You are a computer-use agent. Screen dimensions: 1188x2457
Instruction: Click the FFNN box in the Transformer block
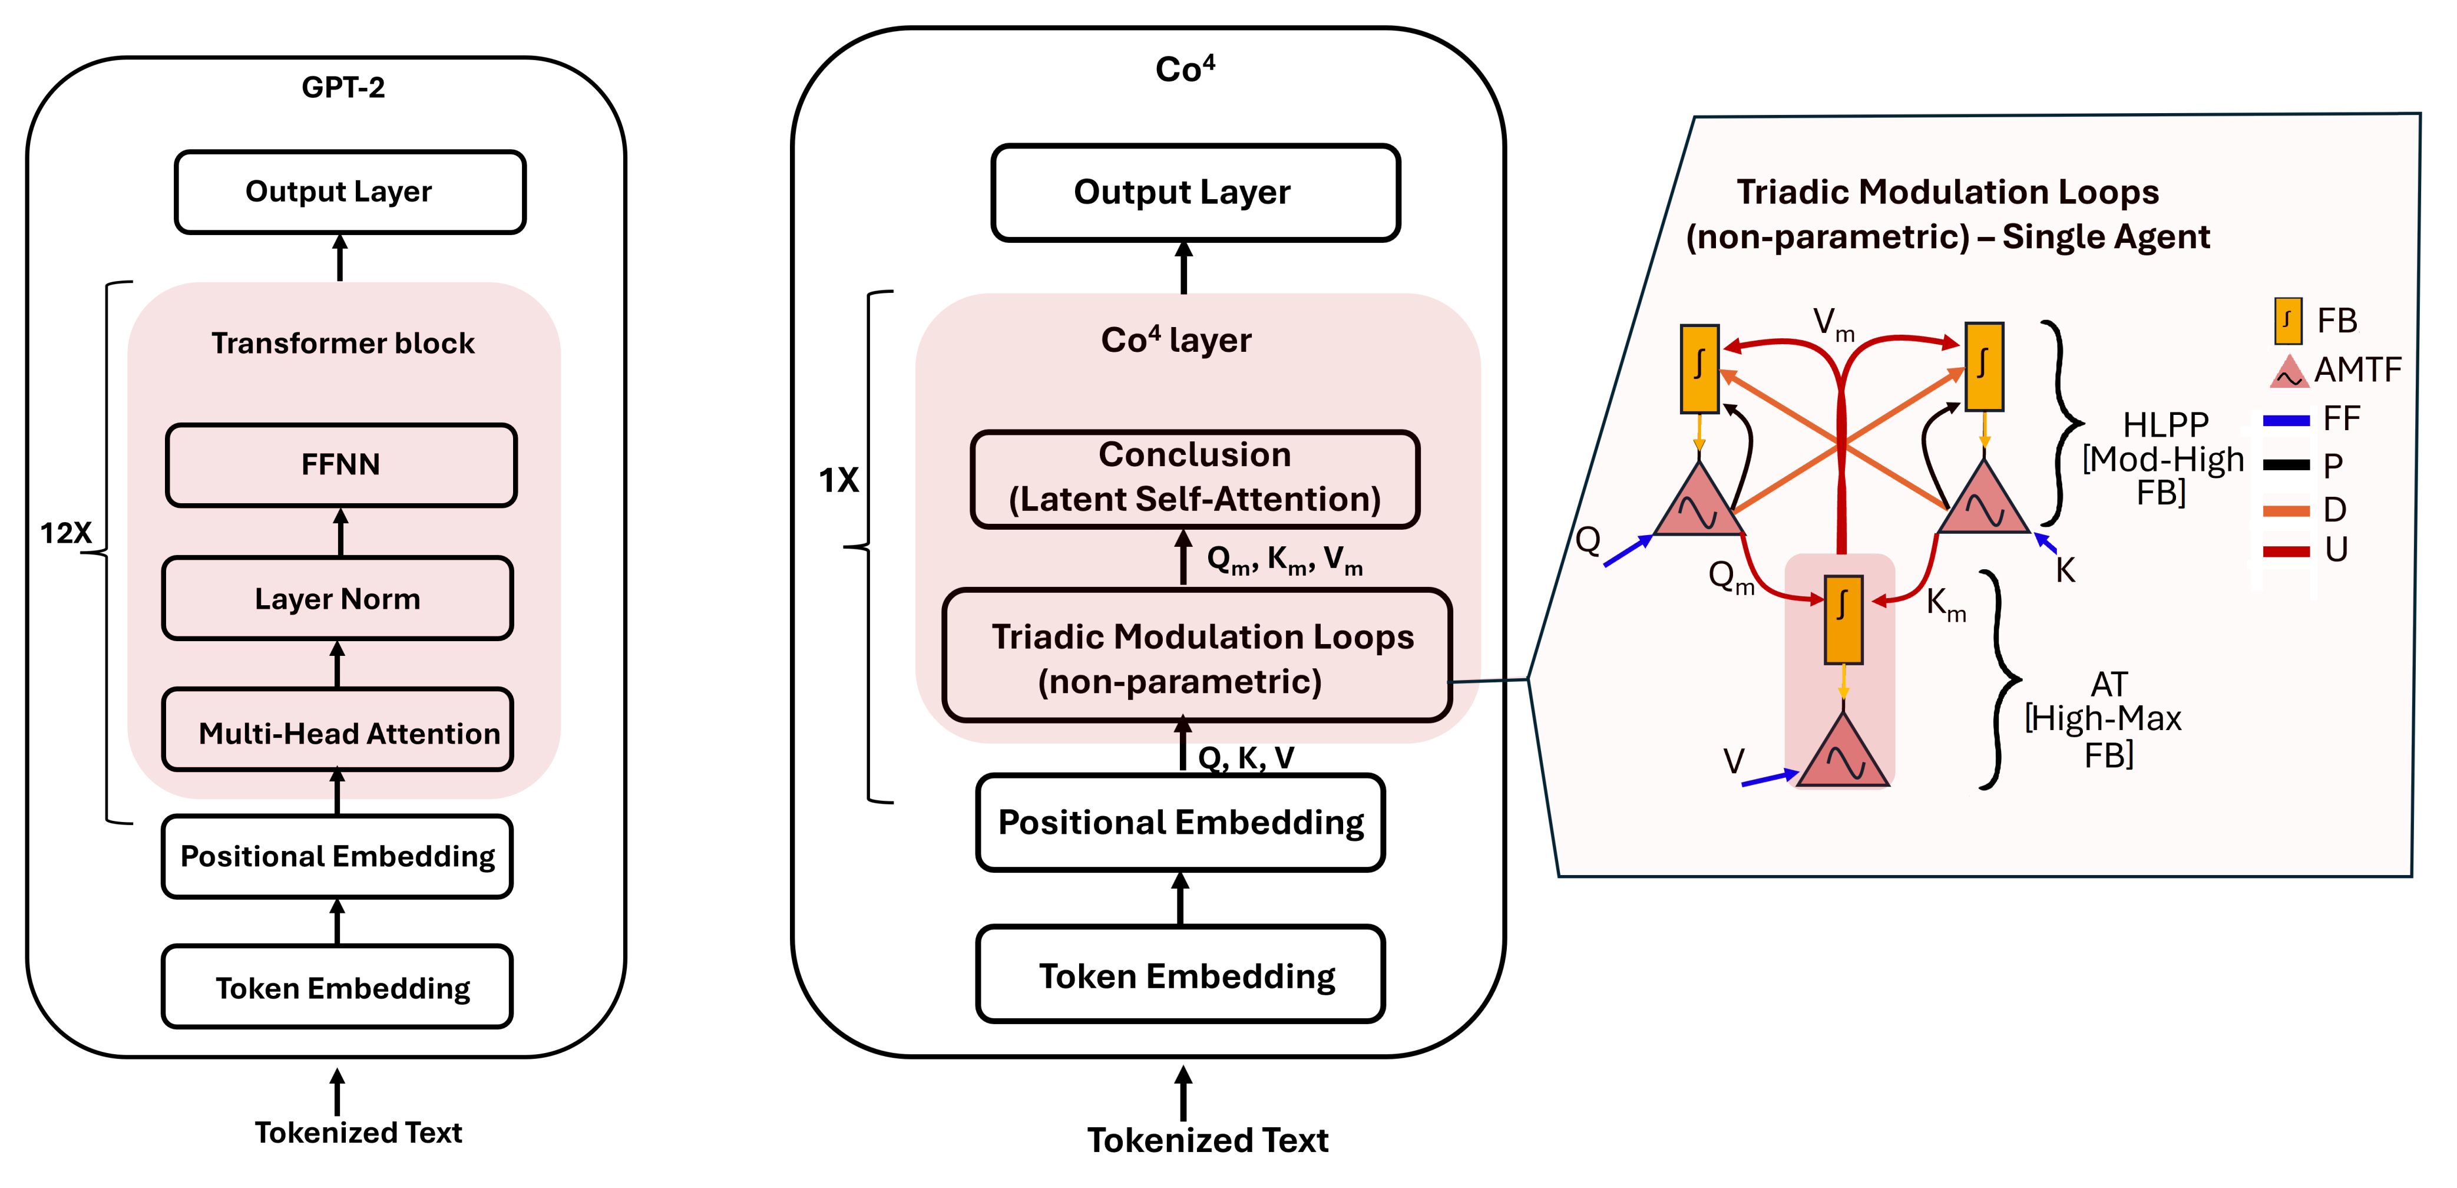tap(340, 465)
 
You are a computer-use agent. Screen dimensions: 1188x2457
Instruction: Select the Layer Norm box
tap(338, 598)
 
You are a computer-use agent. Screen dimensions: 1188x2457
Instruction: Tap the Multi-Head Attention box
tap(338, 731)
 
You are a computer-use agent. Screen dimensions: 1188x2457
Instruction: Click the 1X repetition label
tap(838, 480)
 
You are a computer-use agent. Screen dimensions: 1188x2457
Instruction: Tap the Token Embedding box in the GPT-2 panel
tap(337, 986)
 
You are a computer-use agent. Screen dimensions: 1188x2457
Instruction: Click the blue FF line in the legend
tap(2286, 420)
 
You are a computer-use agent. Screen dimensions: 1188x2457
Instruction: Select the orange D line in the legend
tap(2286, 510)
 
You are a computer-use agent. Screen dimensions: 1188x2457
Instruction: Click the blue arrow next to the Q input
tap(1627, 552)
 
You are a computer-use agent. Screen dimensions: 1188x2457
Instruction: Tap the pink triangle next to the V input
tap(1843, 754)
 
